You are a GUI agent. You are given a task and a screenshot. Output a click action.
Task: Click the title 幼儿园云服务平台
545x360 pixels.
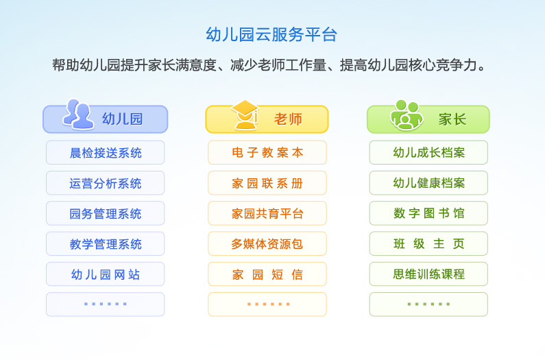tap(271, 35)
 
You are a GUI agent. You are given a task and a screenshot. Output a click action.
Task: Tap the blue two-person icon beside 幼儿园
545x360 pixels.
tap(78, 115)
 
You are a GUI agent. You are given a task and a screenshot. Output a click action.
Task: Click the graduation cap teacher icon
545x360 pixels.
tap(245, 115)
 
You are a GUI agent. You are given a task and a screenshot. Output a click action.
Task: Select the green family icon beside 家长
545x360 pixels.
tap(407, 115)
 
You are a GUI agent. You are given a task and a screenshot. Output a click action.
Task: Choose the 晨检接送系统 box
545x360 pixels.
tap(106, 152)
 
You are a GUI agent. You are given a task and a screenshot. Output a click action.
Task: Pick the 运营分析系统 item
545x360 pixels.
tap(106, 183)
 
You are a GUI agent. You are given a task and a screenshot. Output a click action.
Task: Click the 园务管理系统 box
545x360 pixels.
tap(106, 213)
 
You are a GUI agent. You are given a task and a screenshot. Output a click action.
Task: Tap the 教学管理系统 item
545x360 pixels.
tap(106, 244)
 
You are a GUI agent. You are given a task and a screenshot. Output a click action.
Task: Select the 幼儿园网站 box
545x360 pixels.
tap(106, 274)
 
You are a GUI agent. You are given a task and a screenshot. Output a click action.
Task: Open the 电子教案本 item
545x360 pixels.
tap(267, 152)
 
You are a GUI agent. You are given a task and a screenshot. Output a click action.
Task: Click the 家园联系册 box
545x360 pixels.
tap(267, 183)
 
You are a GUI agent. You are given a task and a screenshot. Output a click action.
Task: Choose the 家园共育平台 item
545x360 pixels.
tap(267, 213)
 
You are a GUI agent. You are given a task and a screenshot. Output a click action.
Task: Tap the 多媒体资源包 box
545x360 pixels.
tap(267, 244)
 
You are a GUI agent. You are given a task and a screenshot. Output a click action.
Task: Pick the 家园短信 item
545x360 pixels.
tap(267, 274)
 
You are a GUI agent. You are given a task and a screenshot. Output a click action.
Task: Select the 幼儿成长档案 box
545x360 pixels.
tap(428, 152)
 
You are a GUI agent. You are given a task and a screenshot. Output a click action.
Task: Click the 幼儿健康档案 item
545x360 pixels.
tap(428, 183)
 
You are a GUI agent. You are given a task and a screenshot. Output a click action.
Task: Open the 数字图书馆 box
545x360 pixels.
tap(428, 213)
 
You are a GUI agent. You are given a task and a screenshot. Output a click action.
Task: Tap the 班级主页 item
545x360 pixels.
tap(428, 244)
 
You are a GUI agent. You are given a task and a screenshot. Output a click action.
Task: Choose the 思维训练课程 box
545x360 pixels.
tap(428, 274)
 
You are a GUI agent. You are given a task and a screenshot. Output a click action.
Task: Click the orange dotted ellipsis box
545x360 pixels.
tap(267, 304)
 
